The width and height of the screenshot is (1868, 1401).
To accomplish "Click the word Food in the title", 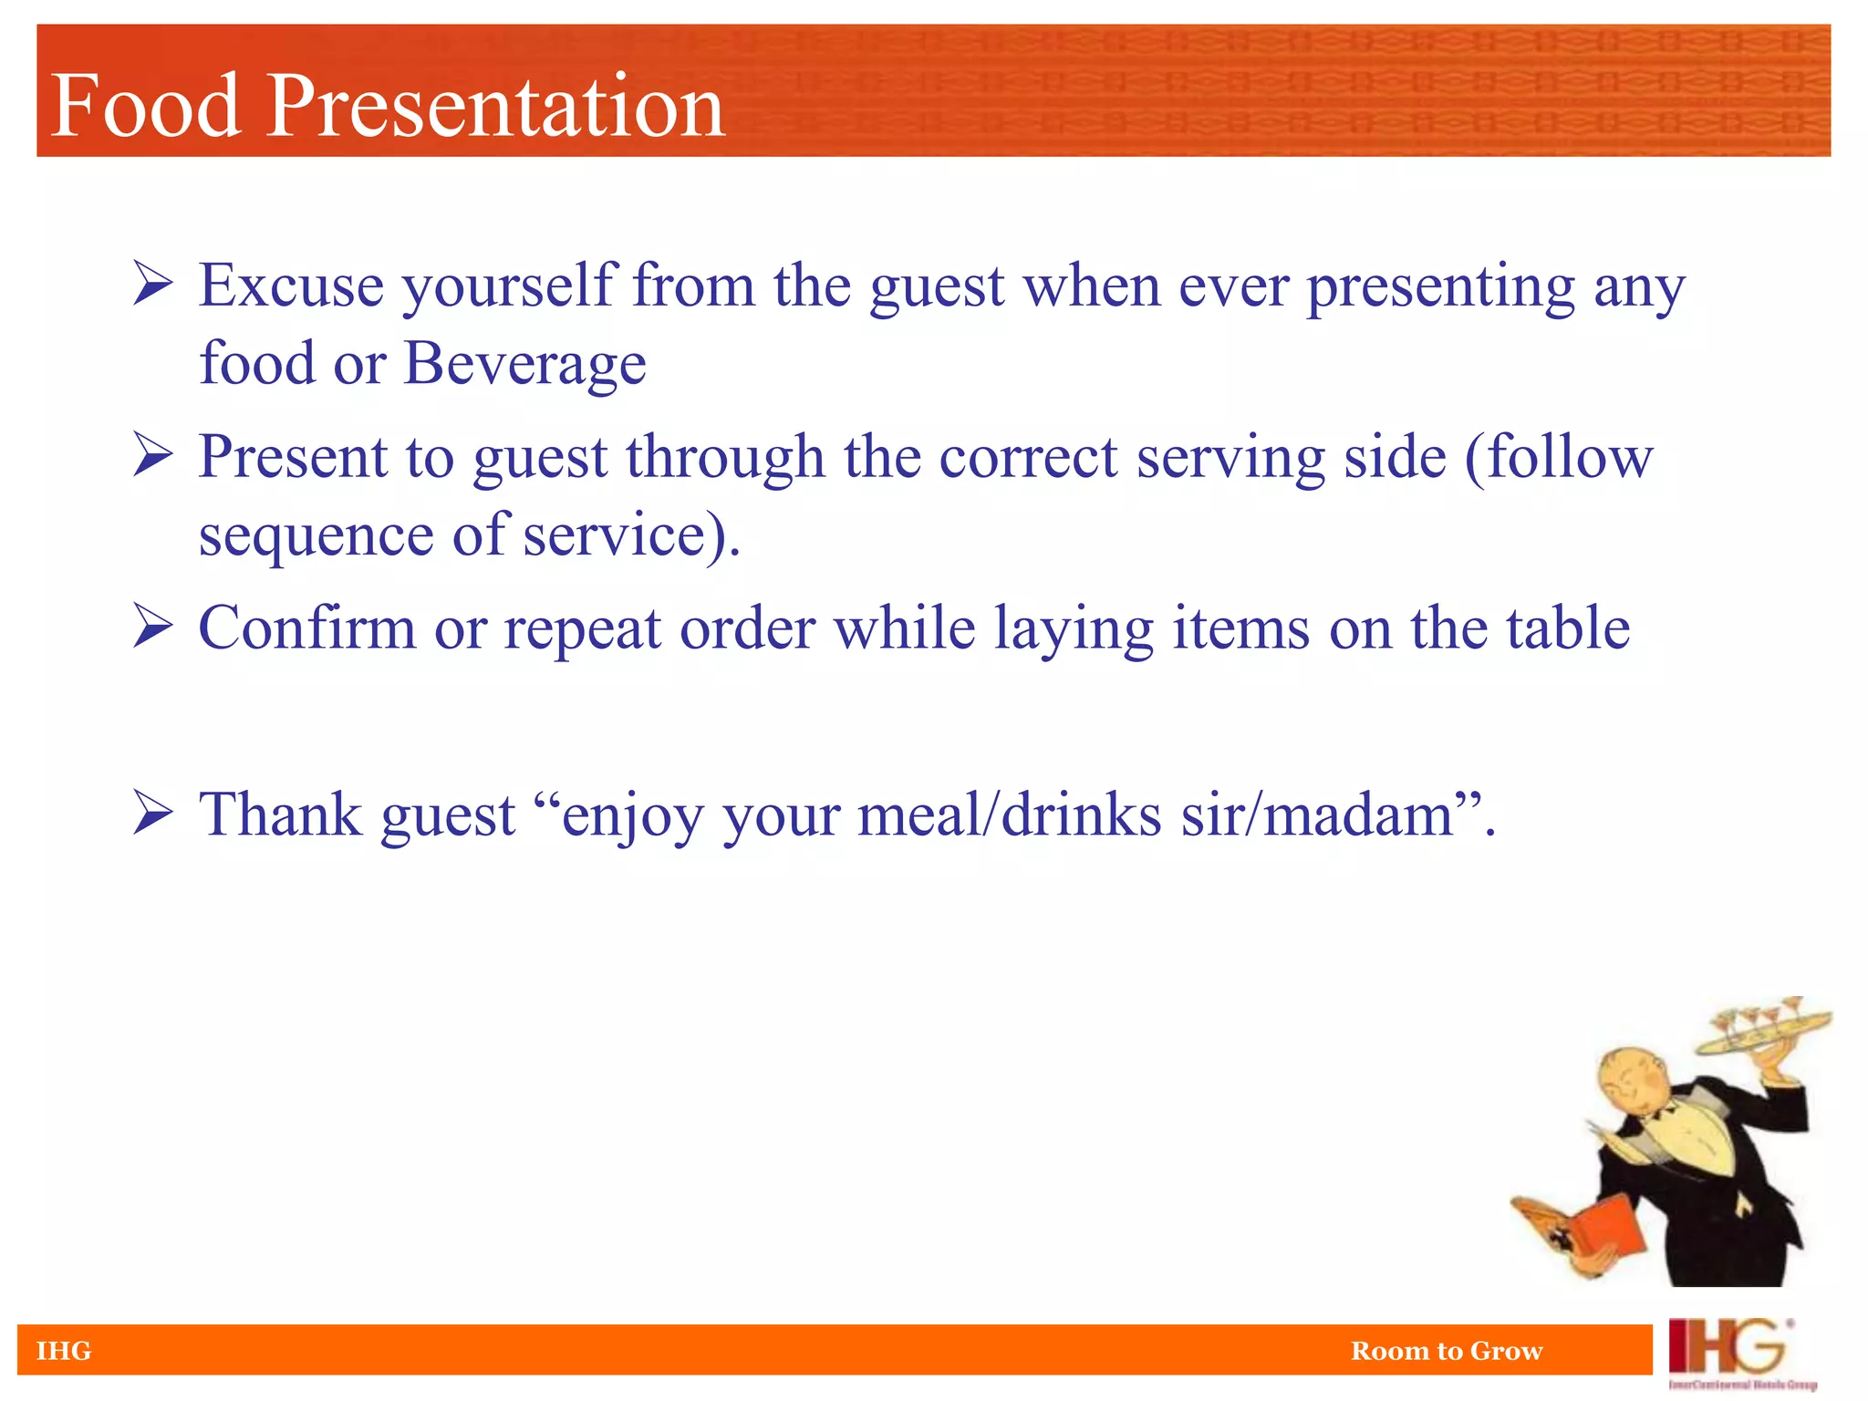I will [146, 107].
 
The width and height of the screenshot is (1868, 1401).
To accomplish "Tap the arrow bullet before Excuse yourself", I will [152, 283].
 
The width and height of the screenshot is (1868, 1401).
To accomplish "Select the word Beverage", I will [524, 364].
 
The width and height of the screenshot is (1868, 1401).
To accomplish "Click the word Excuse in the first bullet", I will [291, 285].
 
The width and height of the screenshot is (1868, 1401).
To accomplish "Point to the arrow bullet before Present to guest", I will [152, 454].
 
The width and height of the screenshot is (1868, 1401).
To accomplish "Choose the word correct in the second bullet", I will [1028, 457].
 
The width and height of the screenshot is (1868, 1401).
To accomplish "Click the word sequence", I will [317, 536].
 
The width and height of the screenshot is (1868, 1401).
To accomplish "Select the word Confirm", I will [306, 628].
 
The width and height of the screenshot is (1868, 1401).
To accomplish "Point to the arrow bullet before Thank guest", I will [152, 812].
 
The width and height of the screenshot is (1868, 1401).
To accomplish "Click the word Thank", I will [280, 815].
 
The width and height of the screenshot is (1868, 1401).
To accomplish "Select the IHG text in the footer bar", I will [64, 1351].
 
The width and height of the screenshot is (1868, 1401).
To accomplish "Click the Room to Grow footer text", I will [1447, 1351].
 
